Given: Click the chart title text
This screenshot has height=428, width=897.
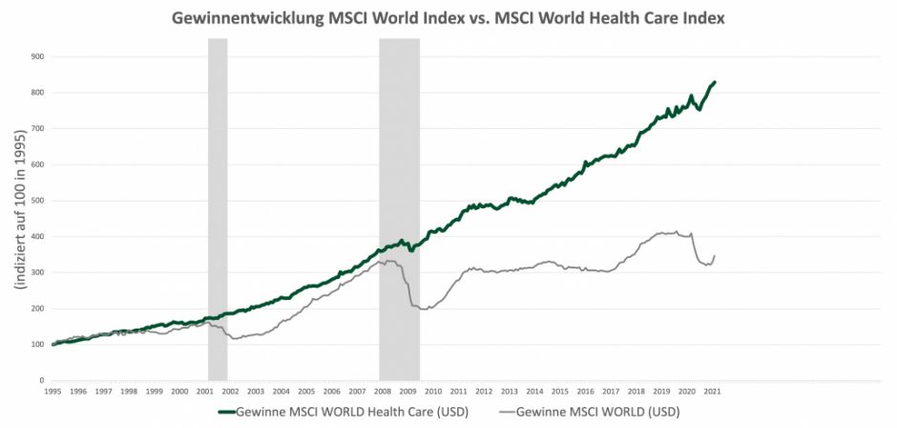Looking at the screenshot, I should [x=448, y=18].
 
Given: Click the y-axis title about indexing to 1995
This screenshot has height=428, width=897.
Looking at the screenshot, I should [x=18, y=217].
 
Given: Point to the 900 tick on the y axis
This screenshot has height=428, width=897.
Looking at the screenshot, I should [x=38, y=56].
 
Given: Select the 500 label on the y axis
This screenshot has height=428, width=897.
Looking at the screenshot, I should [x=38, y=201].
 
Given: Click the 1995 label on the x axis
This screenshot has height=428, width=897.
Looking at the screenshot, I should [x=52, y=392].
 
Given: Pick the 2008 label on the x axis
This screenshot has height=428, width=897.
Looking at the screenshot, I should [x=383, y=392].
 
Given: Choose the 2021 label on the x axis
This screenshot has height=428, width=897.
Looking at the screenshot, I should [x=712, y=392].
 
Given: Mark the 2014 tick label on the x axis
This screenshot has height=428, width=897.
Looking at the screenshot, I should [x=534, y=392].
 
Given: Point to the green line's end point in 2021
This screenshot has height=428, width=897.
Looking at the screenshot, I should [x=716, y=82].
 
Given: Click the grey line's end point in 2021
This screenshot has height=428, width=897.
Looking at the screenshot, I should [x=715, y=255].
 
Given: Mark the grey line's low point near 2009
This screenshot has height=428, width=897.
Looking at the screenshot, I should [x=423, y=310].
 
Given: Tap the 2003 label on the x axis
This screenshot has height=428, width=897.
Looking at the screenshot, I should [x=256, y=392].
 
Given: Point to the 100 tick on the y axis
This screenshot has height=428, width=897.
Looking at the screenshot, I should [x=38, y=344].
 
